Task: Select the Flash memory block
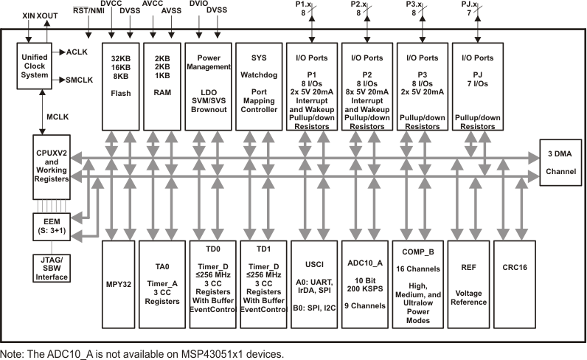(120, 87)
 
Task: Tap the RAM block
(161, 87)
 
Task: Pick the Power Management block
(206, 87)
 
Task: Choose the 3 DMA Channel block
(560, 164)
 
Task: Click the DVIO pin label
(198, 4)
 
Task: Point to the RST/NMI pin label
(88, 9)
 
